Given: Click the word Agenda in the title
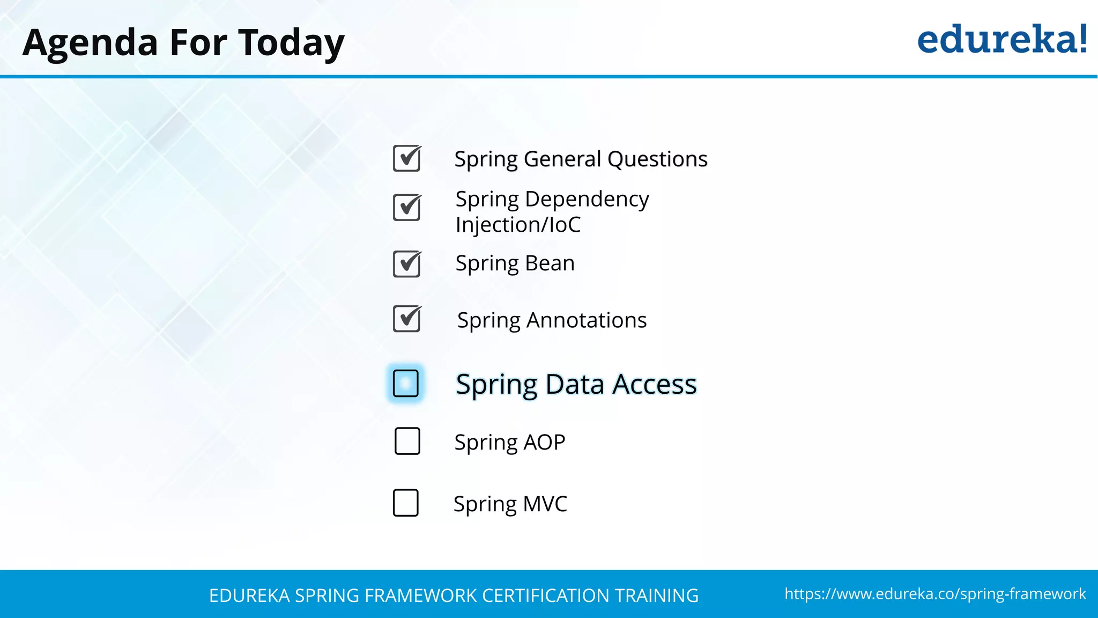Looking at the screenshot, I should tap(90, 43).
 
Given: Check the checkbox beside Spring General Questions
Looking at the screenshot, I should tap(407, 158).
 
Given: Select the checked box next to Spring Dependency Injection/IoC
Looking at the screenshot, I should tap(407, 208).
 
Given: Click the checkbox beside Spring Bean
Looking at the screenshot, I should tap(407, 264).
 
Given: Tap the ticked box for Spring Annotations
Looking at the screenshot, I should tap(407, 319).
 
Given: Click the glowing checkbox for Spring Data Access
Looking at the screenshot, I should tap(406, 383).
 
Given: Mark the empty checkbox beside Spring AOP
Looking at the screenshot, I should tap(407, 441).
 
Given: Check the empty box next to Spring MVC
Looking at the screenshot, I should tap(406, 503).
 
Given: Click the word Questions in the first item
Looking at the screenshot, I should tap(657, 159).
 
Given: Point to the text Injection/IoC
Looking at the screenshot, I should tap(518, 225).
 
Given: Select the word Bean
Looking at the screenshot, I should tap(550, 263).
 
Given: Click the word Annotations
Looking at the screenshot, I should tap(587, 320).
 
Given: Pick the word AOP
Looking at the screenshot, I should tap(544, 443).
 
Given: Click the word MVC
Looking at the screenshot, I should tap(545, 504).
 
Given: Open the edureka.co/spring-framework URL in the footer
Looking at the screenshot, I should tap(935, 594).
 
